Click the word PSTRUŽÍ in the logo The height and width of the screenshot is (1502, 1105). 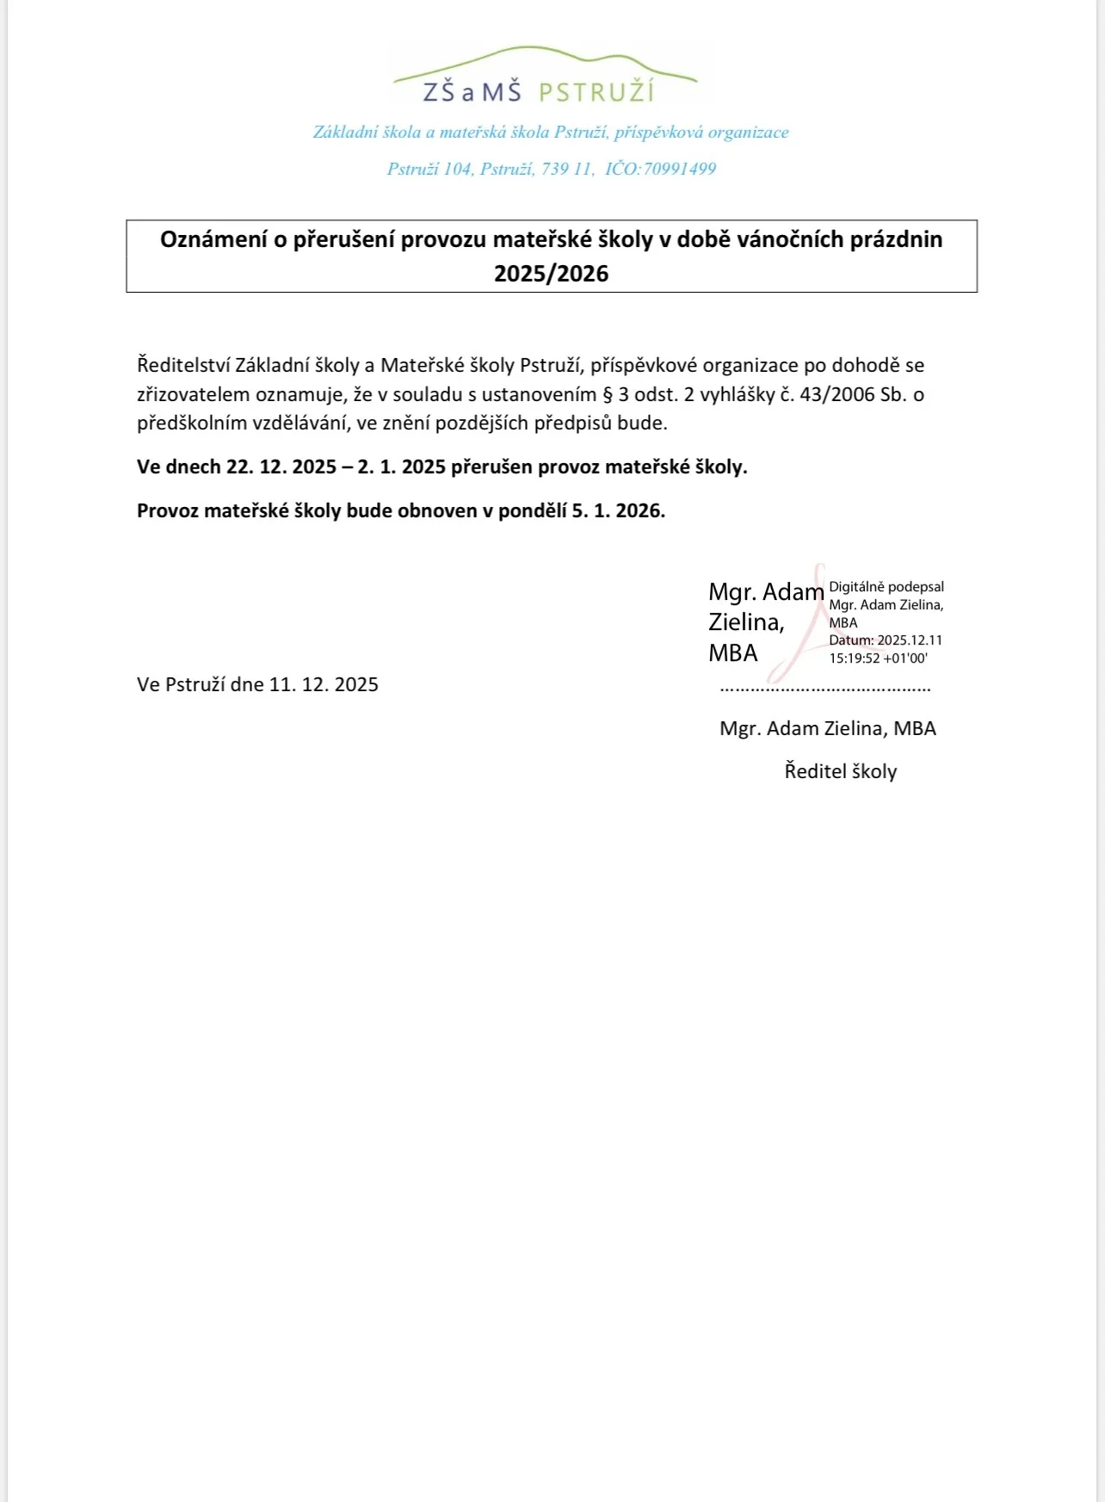[x=596, y=92]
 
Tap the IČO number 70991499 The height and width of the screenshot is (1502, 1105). [x=679, y=169]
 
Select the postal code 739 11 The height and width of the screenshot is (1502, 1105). [x=566, y=169]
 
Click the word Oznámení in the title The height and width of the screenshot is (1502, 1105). [x=213, y=239]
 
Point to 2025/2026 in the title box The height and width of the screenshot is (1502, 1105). [x=551, y=274]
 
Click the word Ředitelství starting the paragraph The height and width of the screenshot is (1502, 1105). [x=182, y=365]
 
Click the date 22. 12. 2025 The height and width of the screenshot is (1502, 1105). [x=281, y=467]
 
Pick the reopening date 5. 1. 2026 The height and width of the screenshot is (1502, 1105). [x=618, y=510]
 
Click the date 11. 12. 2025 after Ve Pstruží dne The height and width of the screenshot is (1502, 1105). [x=324, y=684]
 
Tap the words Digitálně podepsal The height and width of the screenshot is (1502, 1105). [x=886, y=587]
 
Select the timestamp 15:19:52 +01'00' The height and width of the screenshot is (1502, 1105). [x=878, y=658]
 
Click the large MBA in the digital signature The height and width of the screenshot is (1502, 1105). [x=732, y=653]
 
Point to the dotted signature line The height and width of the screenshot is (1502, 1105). [x=824, y=689]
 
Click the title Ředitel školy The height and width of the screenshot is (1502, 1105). [x=840, y=771]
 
